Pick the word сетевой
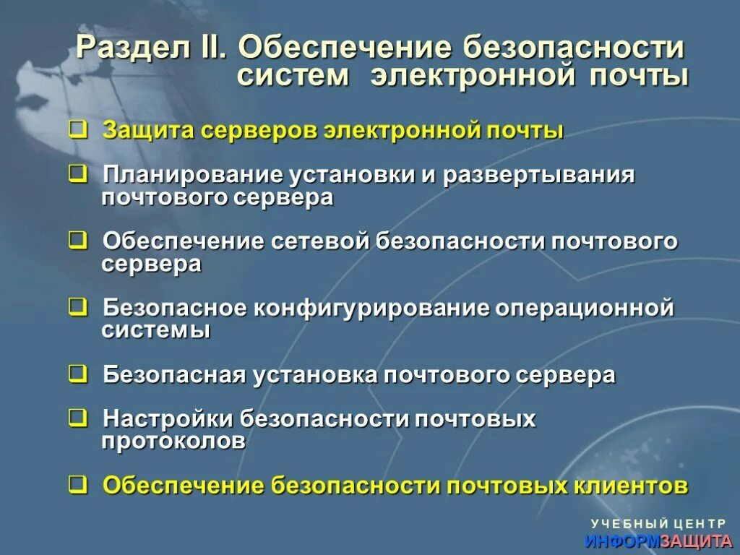321,241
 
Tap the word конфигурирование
372,309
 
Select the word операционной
585,309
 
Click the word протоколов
173,441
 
